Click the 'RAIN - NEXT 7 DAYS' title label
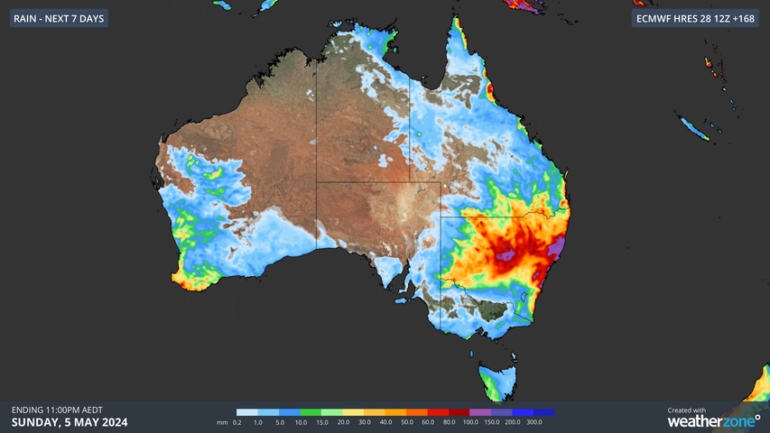click(x=59, y=18)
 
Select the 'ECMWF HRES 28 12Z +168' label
click(x=696, y=18)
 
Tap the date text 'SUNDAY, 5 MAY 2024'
click(x=70, y=422)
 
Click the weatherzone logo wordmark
click(x=713, y=420)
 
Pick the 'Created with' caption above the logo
click(x=687, y=410)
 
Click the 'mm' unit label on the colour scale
click(x=222, y=422)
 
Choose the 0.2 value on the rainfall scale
click(x=237, y=422)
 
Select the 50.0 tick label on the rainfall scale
click(x=406, y=422)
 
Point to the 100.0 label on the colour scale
click(x=469, y=422)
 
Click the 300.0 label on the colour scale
click(x=533, y=422)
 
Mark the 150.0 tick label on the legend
click(x=491, y=422)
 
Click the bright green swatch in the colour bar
click(x=311, y=412)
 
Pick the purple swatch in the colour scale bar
click(x=480, y=412)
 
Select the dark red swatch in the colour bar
click(x=459, y=412)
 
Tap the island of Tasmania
click(x=496, y=380)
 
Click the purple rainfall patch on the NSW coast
click(x=557, y=245)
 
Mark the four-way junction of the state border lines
click(x=441, y=216)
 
